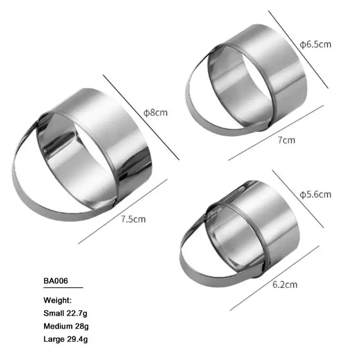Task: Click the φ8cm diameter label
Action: [155, 113]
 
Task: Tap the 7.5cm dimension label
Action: [133, 219]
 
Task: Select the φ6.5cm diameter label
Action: [315, 44]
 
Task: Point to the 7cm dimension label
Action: [286, 140]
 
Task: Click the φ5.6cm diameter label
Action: [315, 195]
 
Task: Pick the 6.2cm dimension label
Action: [285, 285]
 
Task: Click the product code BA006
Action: [56, 281]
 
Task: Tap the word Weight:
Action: [58, 300]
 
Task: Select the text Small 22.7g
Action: [65, 313]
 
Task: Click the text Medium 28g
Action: [66, 326]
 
